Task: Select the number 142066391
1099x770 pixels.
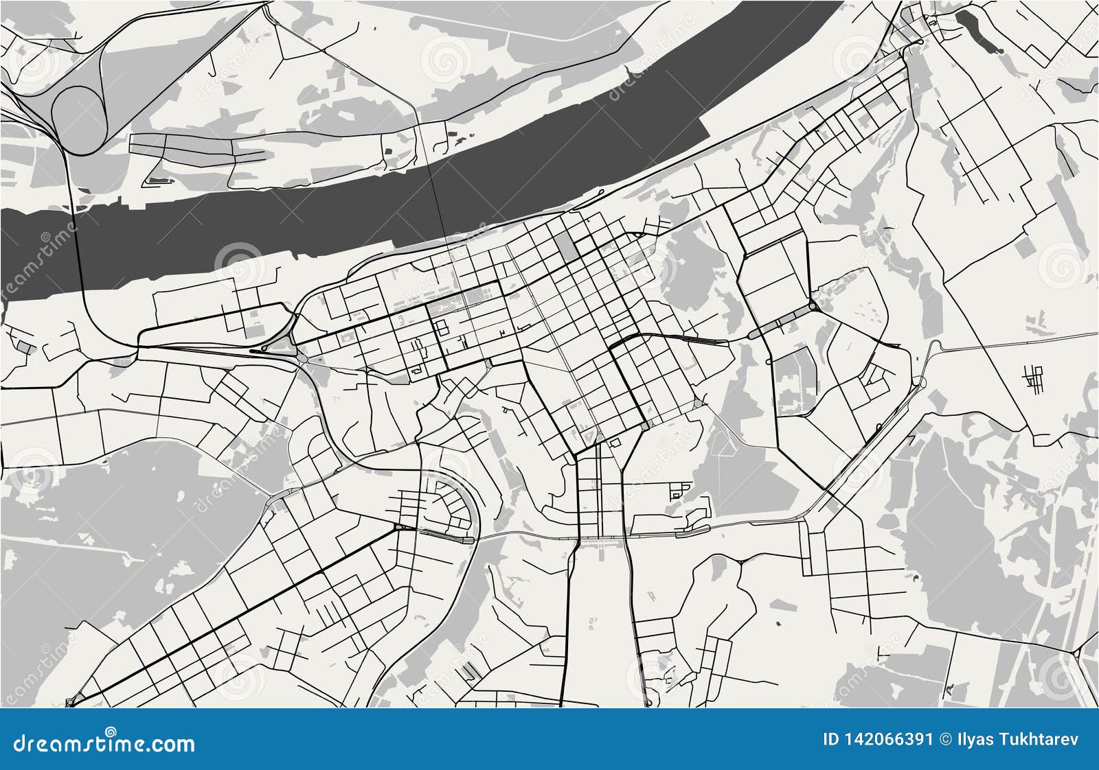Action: click(x=891, y=739)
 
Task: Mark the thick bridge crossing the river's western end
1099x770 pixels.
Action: click(x=78, y=247)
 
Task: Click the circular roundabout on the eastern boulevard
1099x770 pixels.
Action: click(x=813, y=306)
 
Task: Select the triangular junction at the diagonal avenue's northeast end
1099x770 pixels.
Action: click(x=400, y=527)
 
